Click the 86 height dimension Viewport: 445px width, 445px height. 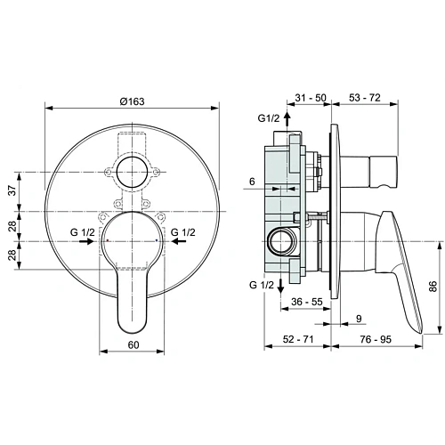tap(433, 287)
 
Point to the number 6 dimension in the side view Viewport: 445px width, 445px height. tap(252, 181)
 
